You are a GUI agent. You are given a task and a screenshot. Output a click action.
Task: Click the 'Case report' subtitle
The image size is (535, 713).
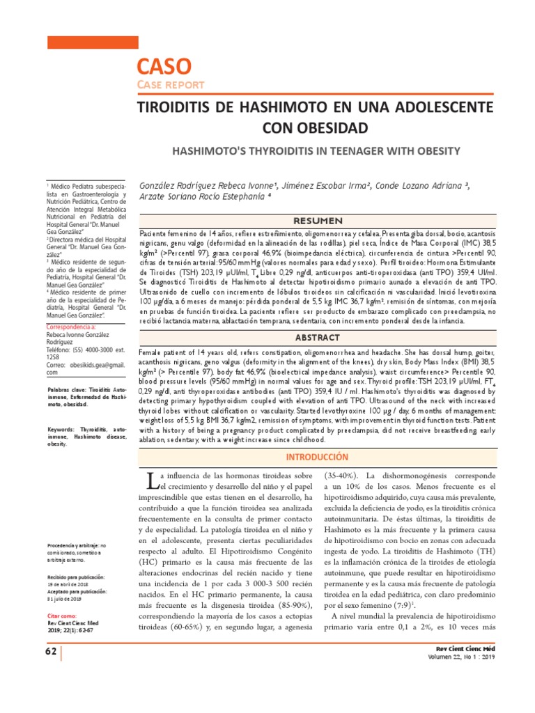170,85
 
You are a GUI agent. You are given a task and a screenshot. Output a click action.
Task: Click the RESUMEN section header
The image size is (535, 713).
318,201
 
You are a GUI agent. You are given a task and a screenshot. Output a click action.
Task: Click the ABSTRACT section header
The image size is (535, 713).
318,337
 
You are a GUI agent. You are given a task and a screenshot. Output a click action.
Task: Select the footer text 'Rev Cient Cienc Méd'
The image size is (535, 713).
463,648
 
